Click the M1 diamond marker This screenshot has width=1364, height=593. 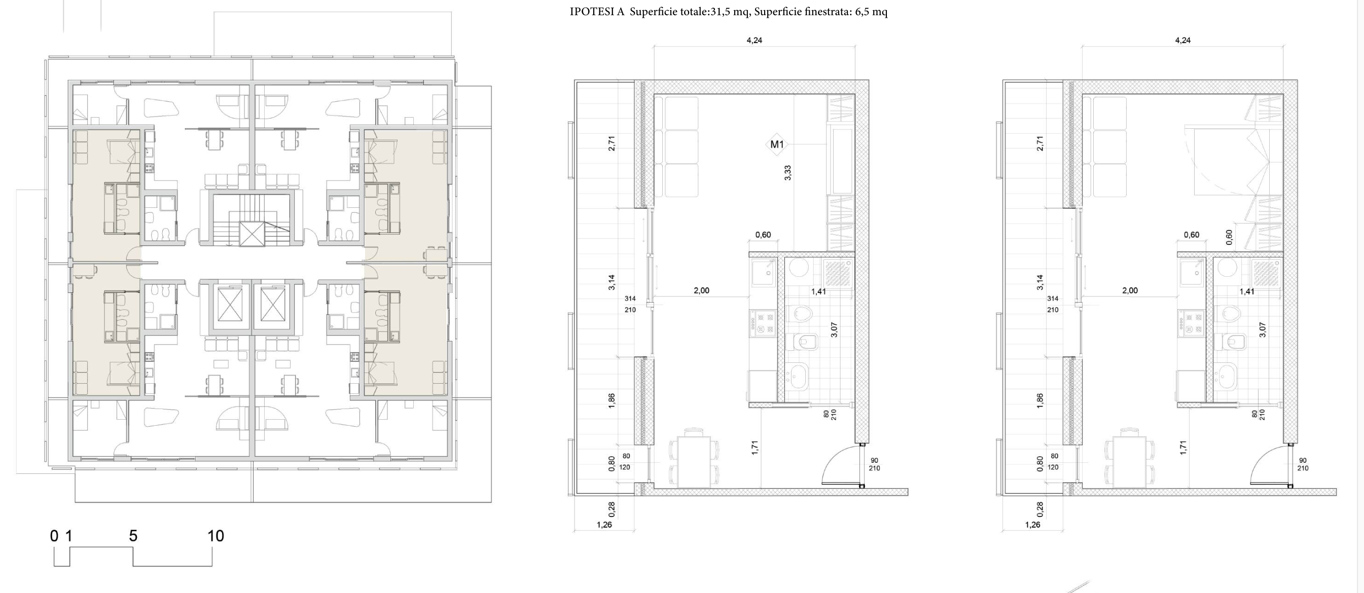click(777, 144)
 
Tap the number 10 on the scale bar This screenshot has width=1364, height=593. click(216, 536)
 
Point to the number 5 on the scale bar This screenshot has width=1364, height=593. click(133, 536)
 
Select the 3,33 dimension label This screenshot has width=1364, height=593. click(787, 173)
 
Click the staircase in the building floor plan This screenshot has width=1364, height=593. click(252, 219)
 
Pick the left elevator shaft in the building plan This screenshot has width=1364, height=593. click(230, 305)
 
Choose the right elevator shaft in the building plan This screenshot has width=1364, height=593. click(273, 305)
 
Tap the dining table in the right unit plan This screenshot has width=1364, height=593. click(1129, 459)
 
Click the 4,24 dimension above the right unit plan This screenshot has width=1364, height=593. click(1182, 40)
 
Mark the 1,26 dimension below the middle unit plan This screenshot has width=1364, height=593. click(604, 525)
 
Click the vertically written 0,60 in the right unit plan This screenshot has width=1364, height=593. click(1229, 237)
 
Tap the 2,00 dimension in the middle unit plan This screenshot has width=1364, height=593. click(701, 290)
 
